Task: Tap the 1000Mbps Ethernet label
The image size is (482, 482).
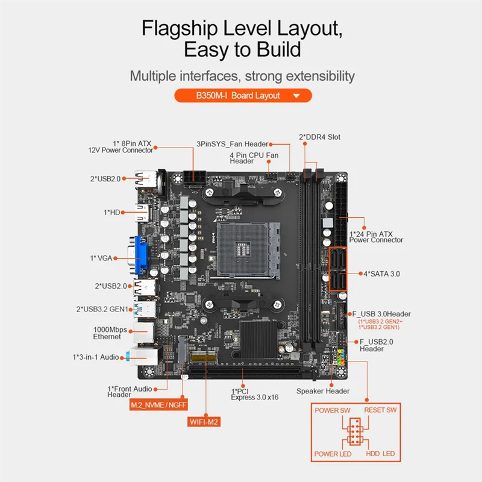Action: tap(107, 333)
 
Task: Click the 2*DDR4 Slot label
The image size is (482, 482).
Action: tap(319, 137)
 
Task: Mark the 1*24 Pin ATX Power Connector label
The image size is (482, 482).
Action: tap(376, 236)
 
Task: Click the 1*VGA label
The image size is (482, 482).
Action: tap(102, 258)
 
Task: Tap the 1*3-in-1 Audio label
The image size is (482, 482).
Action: tap(97, 356)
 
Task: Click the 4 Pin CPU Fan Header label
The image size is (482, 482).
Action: tap(254, 158)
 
